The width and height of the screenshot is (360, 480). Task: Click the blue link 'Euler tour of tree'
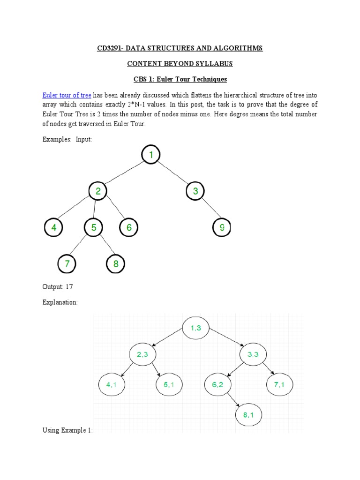pyautogui.click(x=67, y=95)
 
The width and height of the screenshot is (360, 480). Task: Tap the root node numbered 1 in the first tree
pyautogui.click(x=151, y=155)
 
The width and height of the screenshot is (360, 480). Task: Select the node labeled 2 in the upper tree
pyautogui.click(x=98, y=191)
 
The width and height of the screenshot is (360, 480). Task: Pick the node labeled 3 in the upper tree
pyautogui.click(x=195, y=191)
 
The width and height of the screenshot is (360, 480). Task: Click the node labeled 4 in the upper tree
pyautogui.click(x=54, y=228)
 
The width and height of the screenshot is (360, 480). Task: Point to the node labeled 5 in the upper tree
pyautogui.click(x=94, y=228)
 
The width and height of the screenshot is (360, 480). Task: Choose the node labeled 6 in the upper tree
pyautogui.click(x=129, y=228)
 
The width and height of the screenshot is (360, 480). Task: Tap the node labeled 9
pyautogui.click(x=222, y=228)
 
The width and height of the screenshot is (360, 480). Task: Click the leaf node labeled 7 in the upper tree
pyautogui.click(x=67, y=264)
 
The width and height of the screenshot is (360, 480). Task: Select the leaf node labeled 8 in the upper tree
pyautogui.click(x=116, y=264)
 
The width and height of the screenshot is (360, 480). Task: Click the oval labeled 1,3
pyautogui.click(x=195, y=328)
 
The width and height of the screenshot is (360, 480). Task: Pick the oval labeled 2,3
pyautogui.click(x=142, y=354)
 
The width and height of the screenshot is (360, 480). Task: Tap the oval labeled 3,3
pyautogui.click(x=253, y=354)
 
